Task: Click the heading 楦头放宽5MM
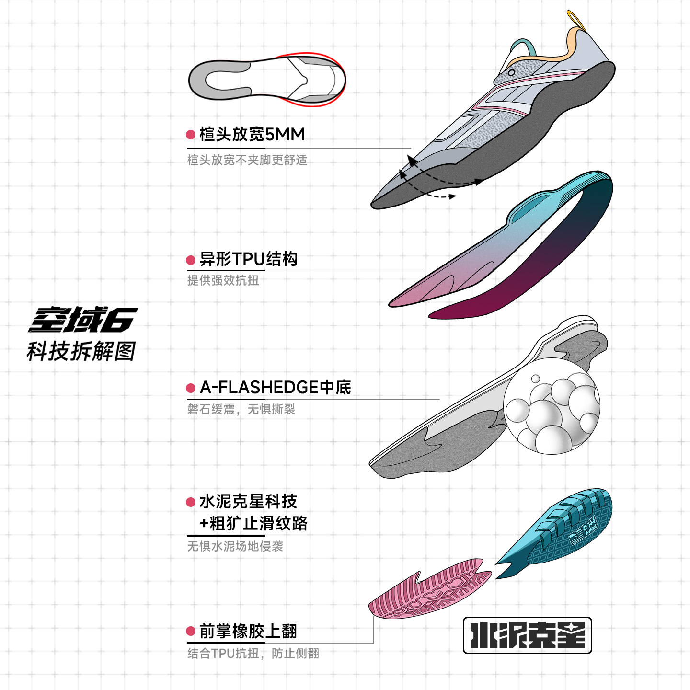click(252, 135)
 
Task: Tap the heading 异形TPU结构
click(248, 259)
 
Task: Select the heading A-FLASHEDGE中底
click(275, 387)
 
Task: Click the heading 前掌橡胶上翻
click(248, 631)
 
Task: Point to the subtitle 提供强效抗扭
click(223, 280)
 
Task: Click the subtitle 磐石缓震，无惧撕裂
click(241, 409)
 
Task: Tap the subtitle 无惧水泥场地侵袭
click(235, 546)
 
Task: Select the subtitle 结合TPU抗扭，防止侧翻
click(253, 654)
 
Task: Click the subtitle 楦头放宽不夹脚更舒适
click(247, 160)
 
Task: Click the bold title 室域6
click(82, 320)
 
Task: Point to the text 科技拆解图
click(81, 351)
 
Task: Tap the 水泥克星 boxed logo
click(527, 635)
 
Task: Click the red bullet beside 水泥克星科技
click(191, 502)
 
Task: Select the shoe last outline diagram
click(267, 80)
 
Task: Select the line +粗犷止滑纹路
click(253, 523)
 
